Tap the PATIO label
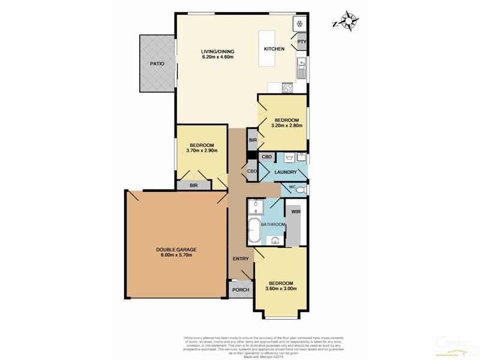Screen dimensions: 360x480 click(x=157, y=63)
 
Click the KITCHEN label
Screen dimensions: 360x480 click(x=274, y=49)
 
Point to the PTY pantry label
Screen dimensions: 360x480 click(x=302, y=42)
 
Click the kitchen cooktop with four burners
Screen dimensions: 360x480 click(x=287, y=87)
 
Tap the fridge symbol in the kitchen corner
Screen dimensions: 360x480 click(x=299, y=23)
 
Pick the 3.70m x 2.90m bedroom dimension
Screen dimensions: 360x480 click(x=202, y=150)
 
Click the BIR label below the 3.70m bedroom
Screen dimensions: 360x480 click(x=194, y=186)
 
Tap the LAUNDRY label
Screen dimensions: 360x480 click(x=286, y=172)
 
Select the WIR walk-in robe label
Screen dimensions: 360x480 click(x=295, y=212)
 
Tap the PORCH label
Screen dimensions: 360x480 click(x=240, y=290)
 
